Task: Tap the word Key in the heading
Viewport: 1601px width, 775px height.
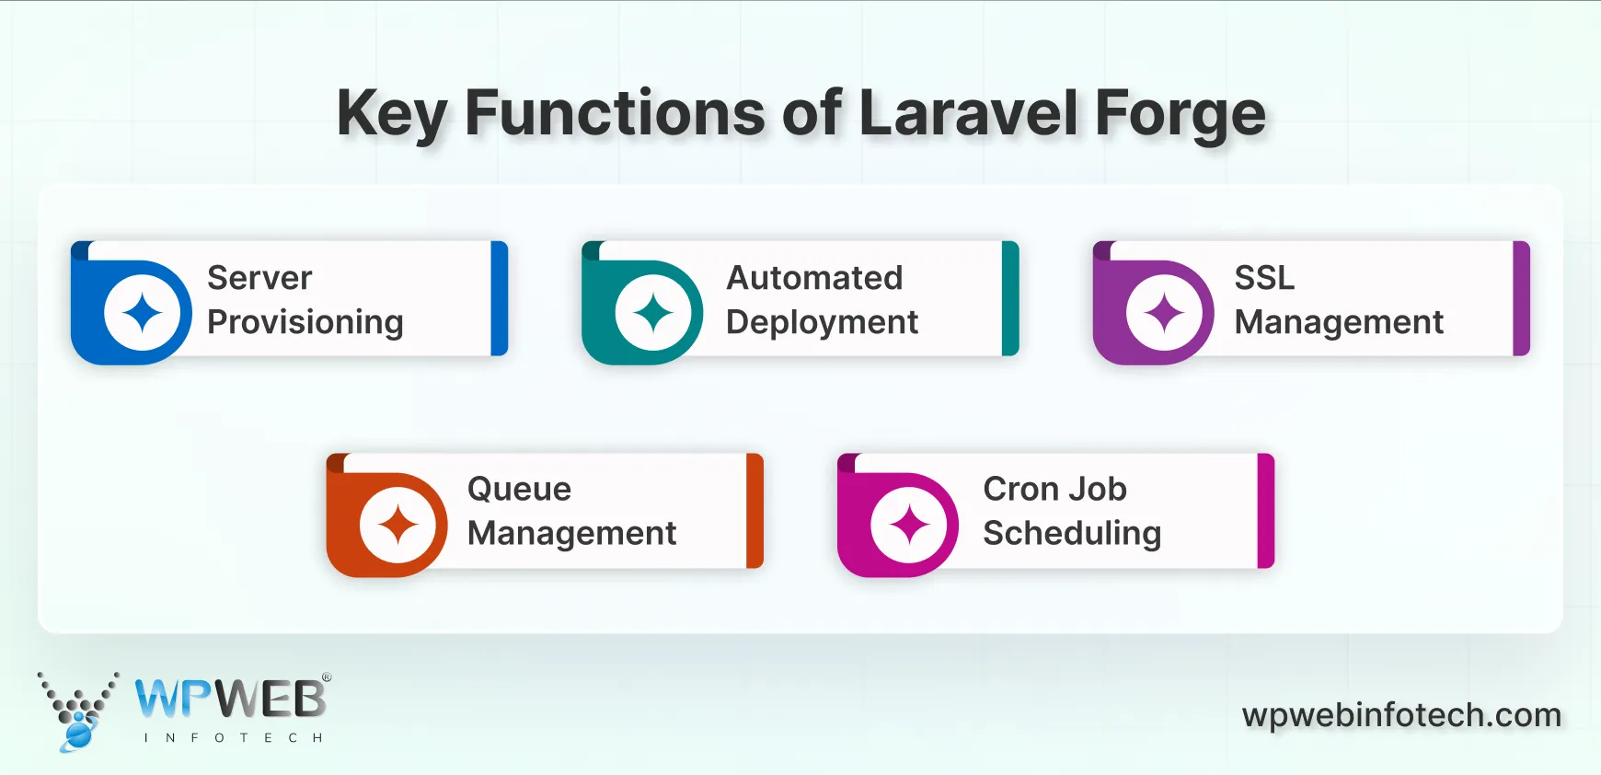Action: (x=391, y=114)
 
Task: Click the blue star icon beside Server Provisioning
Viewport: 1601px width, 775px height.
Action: (x=142, y=313)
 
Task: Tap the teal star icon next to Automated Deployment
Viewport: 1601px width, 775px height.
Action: (x=653, y=313)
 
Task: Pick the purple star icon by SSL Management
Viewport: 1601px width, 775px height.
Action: (x=1164, y=313)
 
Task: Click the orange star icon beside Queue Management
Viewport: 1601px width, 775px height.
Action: (x=397, y=526)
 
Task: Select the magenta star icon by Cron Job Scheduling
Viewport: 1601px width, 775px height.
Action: (x=909, y=526)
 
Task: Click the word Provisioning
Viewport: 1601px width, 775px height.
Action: (x=305, y=322)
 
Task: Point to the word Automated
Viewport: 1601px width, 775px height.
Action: (x=814, y=278)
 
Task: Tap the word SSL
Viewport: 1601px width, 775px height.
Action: (x=1264, y=278)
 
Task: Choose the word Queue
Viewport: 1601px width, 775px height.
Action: (x=519, y=490)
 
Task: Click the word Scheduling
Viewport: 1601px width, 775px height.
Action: (x=1072, y=534)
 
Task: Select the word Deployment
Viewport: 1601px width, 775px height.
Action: (x=822, y=322)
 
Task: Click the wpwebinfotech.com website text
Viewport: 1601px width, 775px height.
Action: (x=1401, y=715)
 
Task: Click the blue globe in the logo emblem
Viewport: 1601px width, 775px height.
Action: (x=78, y=735)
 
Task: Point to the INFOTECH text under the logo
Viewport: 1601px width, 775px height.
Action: (x=233, y=738)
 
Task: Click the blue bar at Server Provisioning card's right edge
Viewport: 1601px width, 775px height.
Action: (x=500, y=298)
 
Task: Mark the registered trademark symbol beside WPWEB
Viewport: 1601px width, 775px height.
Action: (x=327, y=677)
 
